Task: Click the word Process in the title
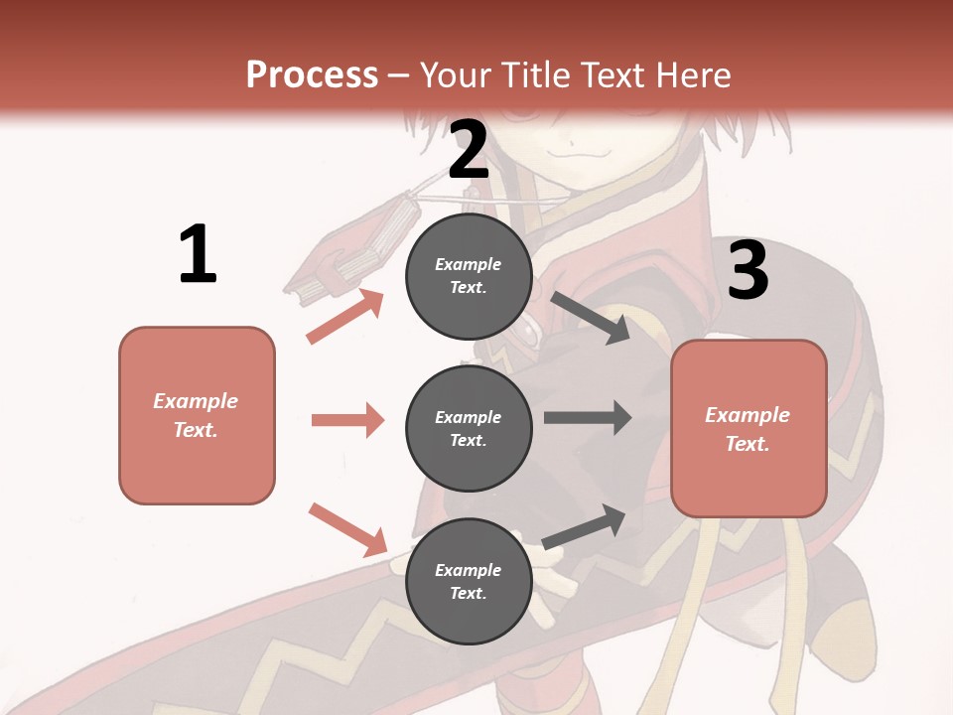[x=312, y=75]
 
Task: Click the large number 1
[x=198, y=254]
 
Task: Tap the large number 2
[x=469, y=149]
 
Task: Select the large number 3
[x=749, y=270]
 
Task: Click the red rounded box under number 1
[x=197, y=415]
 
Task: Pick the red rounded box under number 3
[x=749, y=429]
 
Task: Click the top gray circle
[x=469, y=276]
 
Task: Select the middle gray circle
[x=469, y=429]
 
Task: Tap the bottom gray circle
[x=469, y=582]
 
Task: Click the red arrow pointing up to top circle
[x=345, y=316]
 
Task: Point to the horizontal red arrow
[x=347, y=420]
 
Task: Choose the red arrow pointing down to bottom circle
[x=347, y=528]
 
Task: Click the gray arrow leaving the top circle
[x=591, y=317]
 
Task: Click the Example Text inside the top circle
[x=469, y=276]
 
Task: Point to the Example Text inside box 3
[x=749, y=429]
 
